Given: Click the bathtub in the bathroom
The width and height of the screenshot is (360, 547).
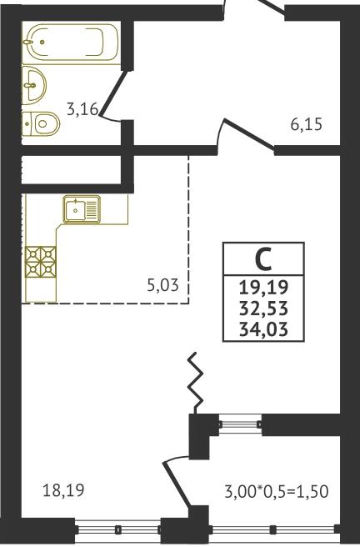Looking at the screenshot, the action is (x=72, y=43).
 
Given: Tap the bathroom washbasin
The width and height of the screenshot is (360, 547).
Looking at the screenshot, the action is (x=34, y=84).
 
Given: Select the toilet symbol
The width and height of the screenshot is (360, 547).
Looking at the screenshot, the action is (x=41, y=123).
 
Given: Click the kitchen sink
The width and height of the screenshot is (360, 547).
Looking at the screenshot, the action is (x=82, y=209).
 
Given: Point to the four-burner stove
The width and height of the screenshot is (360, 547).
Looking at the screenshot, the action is (x=41, y=262).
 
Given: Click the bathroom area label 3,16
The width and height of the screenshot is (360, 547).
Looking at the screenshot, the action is (x=83, y=109).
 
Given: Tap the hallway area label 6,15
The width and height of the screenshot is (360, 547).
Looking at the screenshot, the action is (x=307, y=124).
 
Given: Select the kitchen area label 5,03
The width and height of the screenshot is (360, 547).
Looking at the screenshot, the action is (x=162, y=286).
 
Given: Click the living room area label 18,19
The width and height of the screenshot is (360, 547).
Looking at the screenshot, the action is (x=63, y=490).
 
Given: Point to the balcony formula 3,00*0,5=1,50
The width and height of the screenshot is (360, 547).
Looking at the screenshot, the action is (x=277, y=491).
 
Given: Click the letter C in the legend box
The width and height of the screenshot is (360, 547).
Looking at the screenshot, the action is (x=263, y=260).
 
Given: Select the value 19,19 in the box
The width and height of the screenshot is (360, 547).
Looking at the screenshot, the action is (x=264, y=288).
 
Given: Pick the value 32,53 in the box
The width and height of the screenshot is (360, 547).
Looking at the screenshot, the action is (x=264, y=309).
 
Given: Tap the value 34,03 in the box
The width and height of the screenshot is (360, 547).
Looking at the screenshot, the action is (x=264, y=329).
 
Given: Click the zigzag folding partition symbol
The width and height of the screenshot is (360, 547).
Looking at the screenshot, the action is (x=196, y=383).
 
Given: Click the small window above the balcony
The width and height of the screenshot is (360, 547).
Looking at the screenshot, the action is (x=240, y=424).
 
